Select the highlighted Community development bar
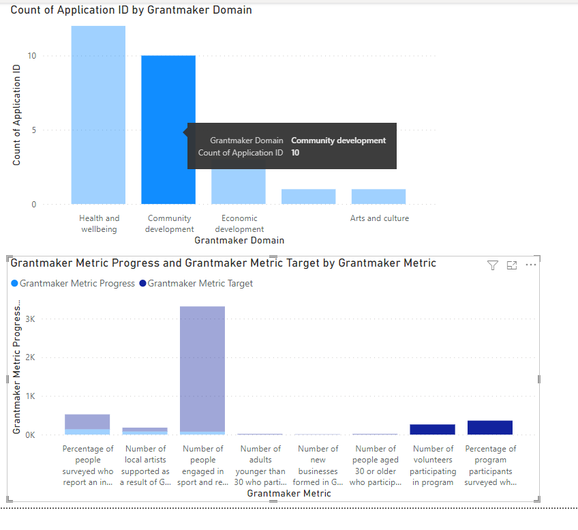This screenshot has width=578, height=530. [x=168, y=130]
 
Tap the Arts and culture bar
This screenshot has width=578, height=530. [x=378, y=196]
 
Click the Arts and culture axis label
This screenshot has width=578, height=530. [x=380, y=218]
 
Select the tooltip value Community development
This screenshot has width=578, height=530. [x=338, y=141]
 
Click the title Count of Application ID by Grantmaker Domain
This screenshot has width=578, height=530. [x=131, y=10]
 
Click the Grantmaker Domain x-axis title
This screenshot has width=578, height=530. [x=239, y=240]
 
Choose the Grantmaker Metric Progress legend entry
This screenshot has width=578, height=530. [x=73, y=283]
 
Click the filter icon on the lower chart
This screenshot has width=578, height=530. [x=493, y=265]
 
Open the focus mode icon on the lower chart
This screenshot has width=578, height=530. [x=512, y=265]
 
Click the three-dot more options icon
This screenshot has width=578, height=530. [x=532, y=265]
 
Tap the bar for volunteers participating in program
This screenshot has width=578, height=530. [x=432, y=429]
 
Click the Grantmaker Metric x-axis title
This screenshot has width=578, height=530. [x=289, y=493]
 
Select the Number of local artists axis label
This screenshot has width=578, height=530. [x=145, y=465]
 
